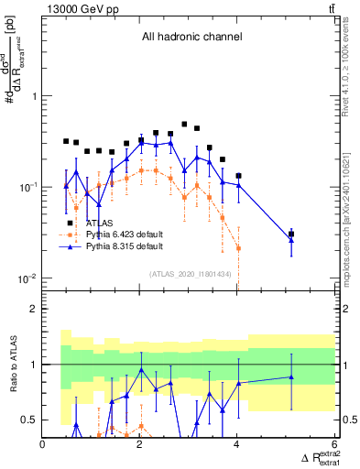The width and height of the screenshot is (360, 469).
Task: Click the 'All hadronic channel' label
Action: [191, 38]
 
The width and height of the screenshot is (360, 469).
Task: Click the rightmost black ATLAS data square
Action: [291, 234]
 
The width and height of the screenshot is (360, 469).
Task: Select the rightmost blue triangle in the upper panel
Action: [291, 240]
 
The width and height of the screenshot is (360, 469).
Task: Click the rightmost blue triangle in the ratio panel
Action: [291, 376]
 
